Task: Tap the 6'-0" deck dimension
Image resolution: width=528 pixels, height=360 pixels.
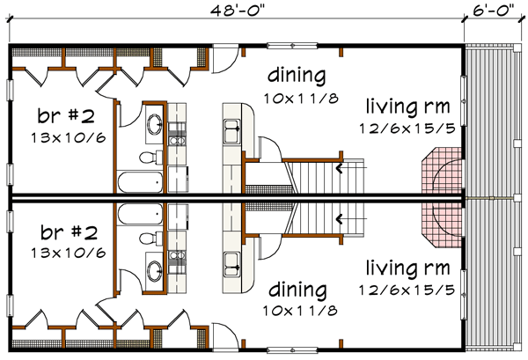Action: click(494, 10)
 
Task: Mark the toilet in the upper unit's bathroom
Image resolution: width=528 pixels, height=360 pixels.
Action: click(149, 158)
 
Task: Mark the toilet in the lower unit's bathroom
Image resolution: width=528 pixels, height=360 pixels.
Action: click(149, 239)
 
